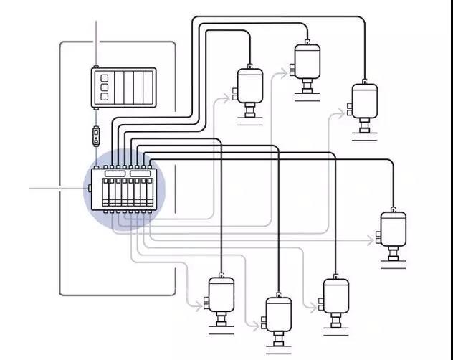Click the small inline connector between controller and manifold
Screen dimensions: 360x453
click(x=96, y=135)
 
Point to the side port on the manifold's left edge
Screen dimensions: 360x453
click(x=89, y=189)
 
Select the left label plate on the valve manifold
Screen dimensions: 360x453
click(x=114, y=174)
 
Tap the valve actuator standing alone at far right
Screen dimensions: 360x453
click(x=393, y=229)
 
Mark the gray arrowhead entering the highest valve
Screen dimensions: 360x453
click(x=290, y=70)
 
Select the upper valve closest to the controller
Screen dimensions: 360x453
click(x=250, y=87)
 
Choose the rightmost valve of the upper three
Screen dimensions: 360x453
click(x=364, y=101)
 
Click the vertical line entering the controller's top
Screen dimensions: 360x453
click(x=96, y=43)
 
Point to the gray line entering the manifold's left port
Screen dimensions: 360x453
click(x=57, y=189)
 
